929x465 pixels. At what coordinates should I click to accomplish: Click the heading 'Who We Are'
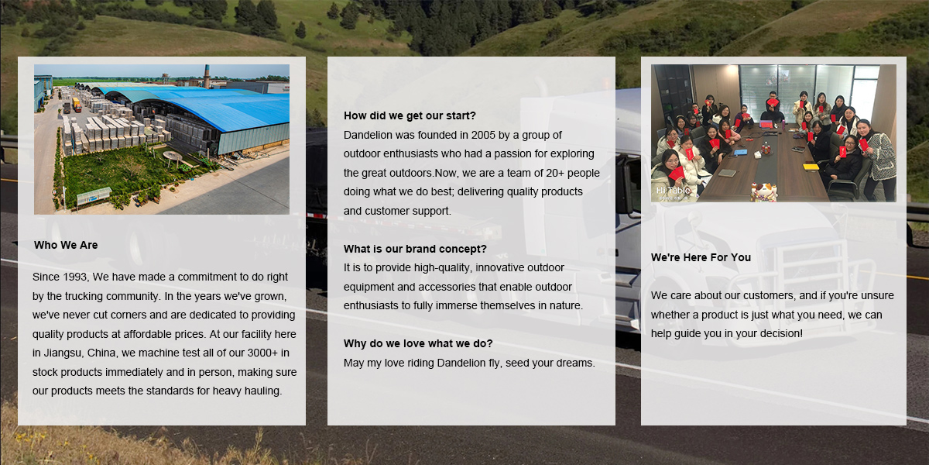click(66, 245)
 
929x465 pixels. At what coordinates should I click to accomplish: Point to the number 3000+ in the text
click(262, 353)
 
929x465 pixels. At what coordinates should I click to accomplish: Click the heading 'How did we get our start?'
click(410, 115)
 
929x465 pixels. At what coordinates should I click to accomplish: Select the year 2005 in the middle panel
click(483, 135)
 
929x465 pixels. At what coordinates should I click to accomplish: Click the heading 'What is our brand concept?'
click(415, 249)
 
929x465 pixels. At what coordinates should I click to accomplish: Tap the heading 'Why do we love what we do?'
click(418, 343)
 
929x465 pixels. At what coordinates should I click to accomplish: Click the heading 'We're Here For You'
click(701, 257)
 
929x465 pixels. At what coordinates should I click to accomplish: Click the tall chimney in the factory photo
click(206, 76)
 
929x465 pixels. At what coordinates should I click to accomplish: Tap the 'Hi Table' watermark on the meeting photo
click(673, 190)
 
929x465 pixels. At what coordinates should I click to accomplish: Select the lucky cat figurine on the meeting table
click(763, 192)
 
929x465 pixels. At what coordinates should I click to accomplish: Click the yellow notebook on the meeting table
click(811, 167)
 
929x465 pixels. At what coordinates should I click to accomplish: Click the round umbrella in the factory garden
click(173, 155)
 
